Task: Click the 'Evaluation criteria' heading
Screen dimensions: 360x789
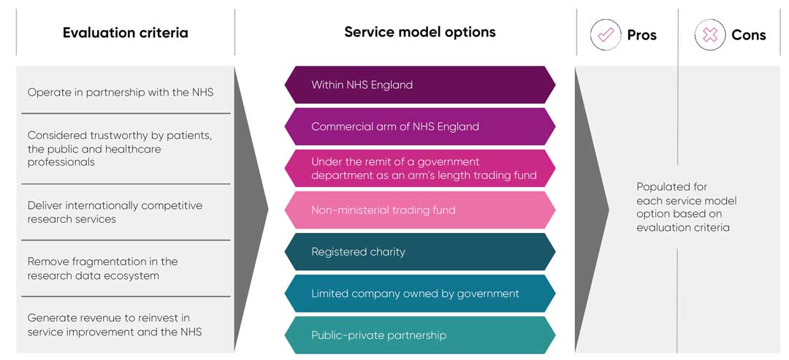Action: pyautogui.click(x=125, y=33)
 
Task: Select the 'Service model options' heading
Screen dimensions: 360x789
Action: pyautogui.click(x=419, y=32)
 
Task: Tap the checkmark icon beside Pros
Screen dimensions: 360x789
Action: pyautogui.click(x=605, y=34)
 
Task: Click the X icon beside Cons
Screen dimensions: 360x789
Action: pyautogui.click(x=709, y=34)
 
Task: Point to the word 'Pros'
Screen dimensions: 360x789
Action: pyautogui.click(x=641, y=35)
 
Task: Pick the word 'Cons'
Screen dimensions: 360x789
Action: pyautogui.click(x=748, y=35)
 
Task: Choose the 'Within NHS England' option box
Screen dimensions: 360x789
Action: pyautogui.click(x=419, y=85)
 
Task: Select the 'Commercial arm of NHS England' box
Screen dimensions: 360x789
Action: pyautogui.click(x=419, y=126)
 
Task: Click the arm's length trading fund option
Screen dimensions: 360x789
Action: pyautogui.click(x=419, y=168)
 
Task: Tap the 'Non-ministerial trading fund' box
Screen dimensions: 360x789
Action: pyautogui.click(x=419, y=210)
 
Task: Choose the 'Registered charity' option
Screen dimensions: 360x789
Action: pyautogui.click(x=419, y=252)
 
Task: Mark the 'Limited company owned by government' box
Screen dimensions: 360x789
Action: pyautogui.click(x=419, y=294)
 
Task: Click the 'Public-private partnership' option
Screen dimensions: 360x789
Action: pyautogui.click(x=419, y=335)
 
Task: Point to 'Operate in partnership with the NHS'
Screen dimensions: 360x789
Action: pyautogui.click(x=121, y=93)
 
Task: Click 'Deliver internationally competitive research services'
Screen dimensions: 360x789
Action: pyautogui.click(x=115, y=212)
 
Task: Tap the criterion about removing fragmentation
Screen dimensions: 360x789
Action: pyautogui.click(x=103, y=268)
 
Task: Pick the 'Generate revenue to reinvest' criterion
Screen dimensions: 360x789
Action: pyautogui.click(x=115, y=325)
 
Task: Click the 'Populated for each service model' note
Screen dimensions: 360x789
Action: pyautogui.click(x=686, y=207)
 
